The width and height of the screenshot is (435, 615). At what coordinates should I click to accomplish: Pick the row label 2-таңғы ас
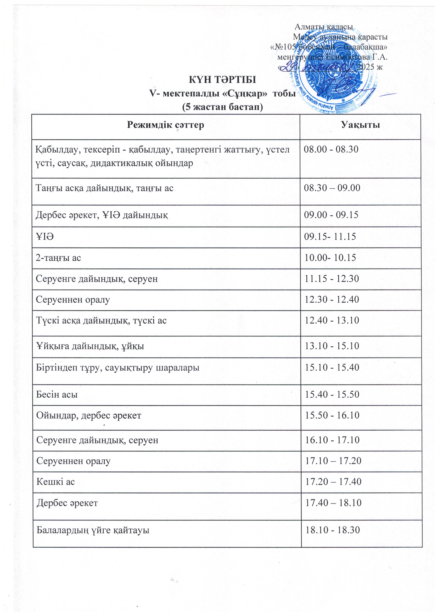point(58,258)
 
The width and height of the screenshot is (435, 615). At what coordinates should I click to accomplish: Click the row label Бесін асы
point(57,394)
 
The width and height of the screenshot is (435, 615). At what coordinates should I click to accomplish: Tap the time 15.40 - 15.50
point(332,394)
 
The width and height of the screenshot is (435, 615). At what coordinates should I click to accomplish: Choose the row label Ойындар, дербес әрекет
point(89,415)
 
